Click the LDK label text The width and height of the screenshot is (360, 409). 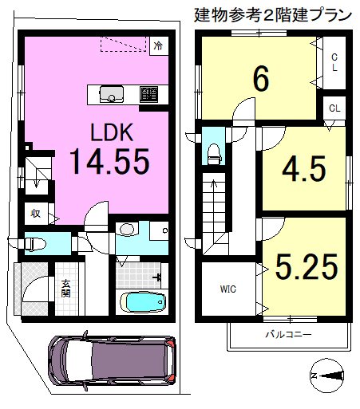(x=112, y=132)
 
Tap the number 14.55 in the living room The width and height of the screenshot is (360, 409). (x=109, y=161)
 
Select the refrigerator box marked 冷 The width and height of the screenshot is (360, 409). (x=159, y=46)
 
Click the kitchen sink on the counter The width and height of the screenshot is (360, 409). (x=112, y=94)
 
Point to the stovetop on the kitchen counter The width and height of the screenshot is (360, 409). (x=148, y=94)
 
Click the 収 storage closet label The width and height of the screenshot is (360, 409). (x=35, y=214)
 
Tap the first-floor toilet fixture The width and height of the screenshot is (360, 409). (x=35, y=243)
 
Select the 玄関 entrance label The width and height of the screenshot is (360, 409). (x=65, y=289)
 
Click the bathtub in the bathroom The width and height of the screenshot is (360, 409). (x=143, y=302)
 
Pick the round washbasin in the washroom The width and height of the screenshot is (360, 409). (x=127, y=229)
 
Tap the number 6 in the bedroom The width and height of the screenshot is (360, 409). (x=261, y=78)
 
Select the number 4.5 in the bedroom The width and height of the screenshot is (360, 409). (x=304, y=169)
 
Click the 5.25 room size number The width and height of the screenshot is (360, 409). (x=307, y=266)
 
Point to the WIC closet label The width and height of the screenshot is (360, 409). (x=228, y=289)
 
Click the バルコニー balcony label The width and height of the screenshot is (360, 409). (x=288, y=334)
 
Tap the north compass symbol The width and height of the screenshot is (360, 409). (x=326, y=376)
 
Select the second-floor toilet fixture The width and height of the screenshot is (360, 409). (x=215, y=154)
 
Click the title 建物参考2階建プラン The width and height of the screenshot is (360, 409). (x=273, y=15)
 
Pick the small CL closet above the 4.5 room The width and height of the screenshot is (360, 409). (x=334, y=108)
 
